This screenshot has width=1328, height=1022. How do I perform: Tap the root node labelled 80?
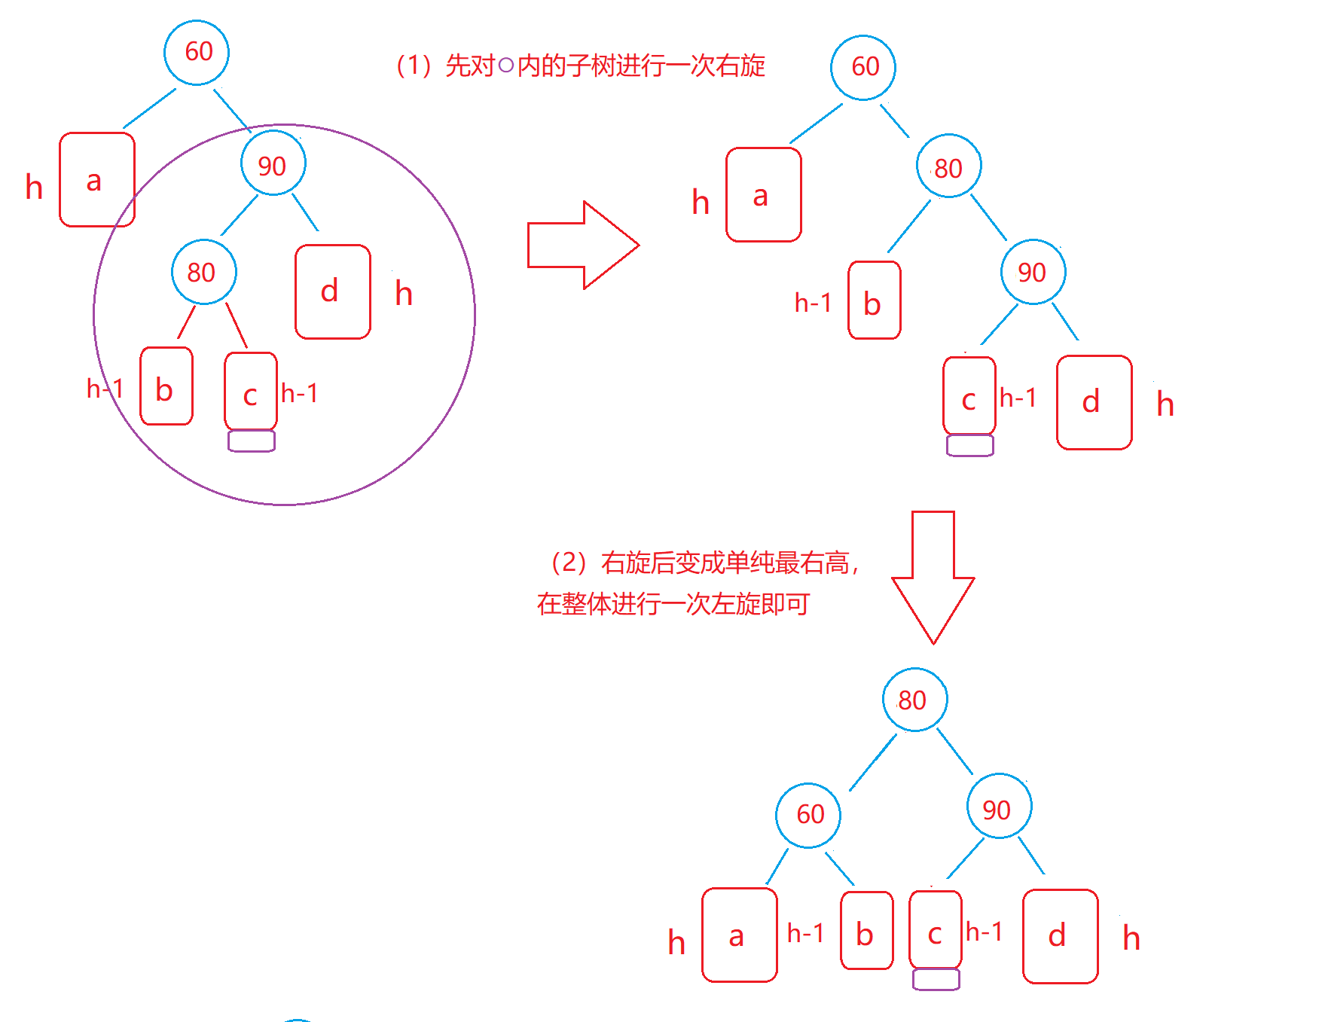914,700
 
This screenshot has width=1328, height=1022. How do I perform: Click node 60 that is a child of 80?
808,815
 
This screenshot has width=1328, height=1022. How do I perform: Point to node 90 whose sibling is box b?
1033,272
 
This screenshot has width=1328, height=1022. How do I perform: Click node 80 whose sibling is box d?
203,272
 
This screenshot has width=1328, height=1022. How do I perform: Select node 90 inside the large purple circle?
273,163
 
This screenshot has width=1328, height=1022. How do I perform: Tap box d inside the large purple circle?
332,291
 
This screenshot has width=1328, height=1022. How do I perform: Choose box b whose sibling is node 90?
874,300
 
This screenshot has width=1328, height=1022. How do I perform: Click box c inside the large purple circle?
251,391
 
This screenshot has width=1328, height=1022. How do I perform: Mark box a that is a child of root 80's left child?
739,935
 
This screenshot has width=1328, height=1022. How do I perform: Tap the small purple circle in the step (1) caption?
505,66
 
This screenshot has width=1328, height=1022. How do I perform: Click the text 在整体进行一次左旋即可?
673,604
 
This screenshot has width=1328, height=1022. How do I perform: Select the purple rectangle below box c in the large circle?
252,441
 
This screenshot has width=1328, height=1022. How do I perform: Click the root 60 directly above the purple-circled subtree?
197,52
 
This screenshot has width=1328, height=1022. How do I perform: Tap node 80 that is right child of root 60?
948,166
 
